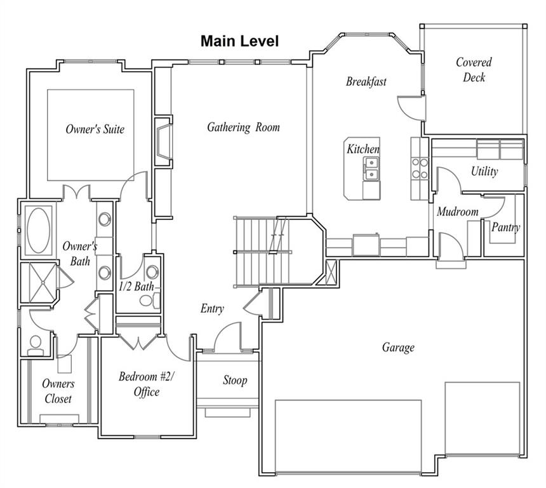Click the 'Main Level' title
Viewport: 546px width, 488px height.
tap(239, 41)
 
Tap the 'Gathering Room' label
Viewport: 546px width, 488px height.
tap(243, 127)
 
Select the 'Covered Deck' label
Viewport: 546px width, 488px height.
tap(474, 70)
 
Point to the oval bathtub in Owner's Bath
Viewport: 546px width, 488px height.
tap(38, 231)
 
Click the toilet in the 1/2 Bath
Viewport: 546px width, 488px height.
tap(150, 301)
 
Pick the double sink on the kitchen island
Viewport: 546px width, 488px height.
tap(371, 169)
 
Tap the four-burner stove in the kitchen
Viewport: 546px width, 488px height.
tap(420, 168)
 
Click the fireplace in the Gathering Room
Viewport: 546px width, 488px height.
tap(164, 142)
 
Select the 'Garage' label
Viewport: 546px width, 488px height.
tap(398, 347)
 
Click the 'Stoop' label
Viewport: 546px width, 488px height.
tap(235, 380)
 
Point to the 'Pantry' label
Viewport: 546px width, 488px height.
tap(505, 227)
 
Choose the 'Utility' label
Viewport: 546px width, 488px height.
tap(484, 171)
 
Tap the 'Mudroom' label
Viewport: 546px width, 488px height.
tap(458, 212)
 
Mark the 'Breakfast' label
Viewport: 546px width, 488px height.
tap(366, 81)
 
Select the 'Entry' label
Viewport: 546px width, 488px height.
tap(212, 308)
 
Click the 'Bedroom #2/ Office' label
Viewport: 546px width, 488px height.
tap(147, 384)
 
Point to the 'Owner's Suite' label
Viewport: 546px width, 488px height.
tap(95, 130)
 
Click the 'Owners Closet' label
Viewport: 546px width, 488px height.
tap(58, 391)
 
